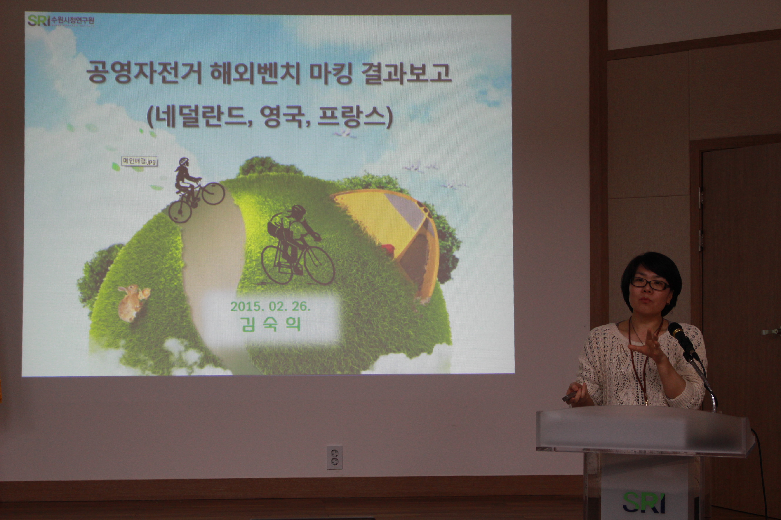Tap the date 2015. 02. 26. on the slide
coord(270,306)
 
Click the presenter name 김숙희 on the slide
coord(271,324)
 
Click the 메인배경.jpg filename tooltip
coord(139,162)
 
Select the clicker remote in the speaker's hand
coord(570,396)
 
